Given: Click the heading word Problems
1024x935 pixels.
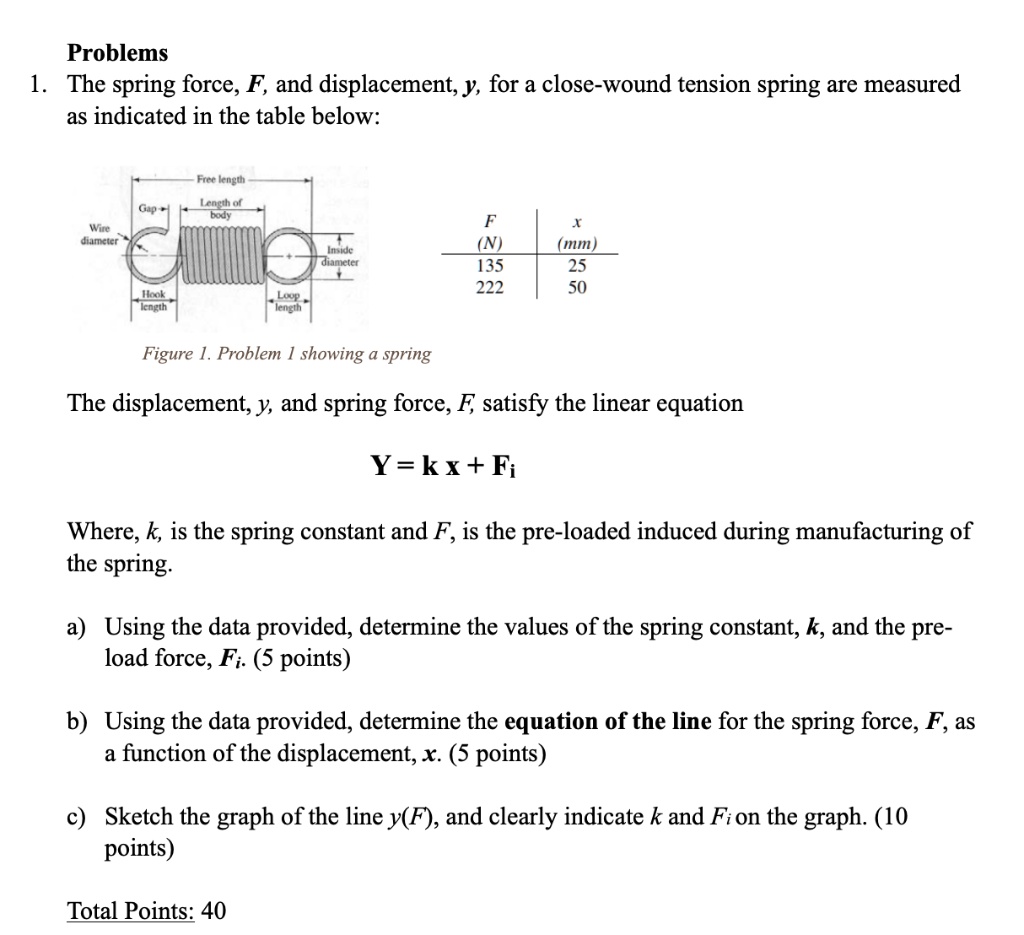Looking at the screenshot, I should click(117, 52).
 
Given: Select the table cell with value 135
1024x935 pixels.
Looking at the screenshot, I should click(490, 266).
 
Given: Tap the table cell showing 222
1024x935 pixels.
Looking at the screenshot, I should click(490, 288).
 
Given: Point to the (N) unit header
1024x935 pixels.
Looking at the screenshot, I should click(490, 244).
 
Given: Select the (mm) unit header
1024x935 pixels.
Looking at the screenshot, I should click(578, 244).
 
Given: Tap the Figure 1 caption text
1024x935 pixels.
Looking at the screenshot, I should click(287, 353).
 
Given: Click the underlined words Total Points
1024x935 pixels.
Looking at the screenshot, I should click(130, 911).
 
